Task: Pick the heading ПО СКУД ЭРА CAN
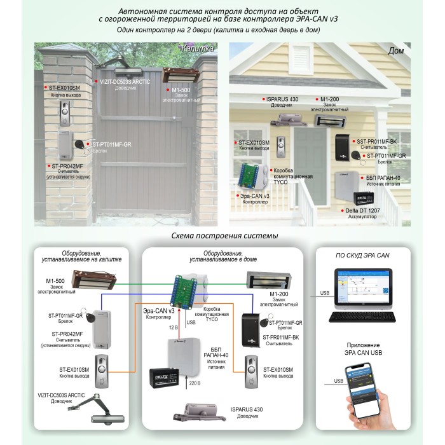[x=362, y=255]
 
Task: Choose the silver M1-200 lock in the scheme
[x=268, y=278]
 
